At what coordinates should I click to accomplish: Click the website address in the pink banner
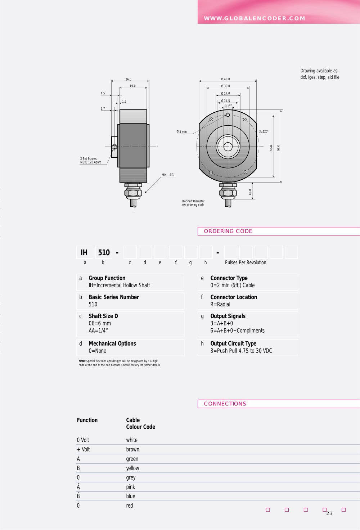tap(255, 18)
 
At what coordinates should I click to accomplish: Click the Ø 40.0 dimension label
tap(225, 79)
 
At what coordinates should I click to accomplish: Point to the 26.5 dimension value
tap(128, 79)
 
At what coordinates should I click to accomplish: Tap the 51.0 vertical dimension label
tap(278, 148)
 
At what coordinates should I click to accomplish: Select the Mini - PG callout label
tap(167, 175)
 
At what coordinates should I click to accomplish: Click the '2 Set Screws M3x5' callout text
tap(90, 161)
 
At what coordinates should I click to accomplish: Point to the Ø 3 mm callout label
tap(181, 132)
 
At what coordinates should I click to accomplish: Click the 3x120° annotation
tap(264, 131)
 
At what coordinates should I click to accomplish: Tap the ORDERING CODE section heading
tap(228, 231)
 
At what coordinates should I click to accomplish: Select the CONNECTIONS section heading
tap(225, 404)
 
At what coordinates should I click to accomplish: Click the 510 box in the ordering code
tap(104, 252)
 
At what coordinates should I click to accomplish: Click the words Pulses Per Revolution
tap(246, 262)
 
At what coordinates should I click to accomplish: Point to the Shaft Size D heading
tap(103, 316)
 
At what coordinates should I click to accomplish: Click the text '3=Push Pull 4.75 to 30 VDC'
tap(241, 351)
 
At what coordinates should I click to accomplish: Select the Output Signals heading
tap(228, 316)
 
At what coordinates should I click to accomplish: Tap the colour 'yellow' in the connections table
tap(132, 468)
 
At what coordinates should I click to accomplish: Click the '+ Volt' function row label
tap(83, 449)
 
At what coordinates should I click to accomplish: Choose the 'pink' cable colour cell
tap(131, 487)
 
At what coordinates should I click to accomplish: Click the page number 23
tap(329, 513)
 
